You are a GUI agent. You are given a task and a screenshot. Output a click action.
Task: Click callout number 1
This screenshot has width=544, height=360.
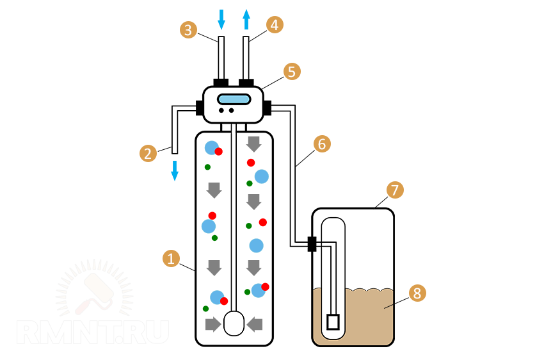[170, 259]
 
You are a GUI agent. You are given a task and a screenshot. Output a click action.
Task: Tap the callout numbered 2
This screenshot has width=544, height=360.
[148, 153]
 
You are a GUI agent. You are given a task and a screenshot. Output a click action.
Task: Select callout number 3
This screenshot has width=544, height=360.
[188, 29]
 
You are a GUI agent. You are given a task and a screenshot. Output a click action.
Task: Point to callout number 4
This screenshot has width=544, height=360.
[275, 25]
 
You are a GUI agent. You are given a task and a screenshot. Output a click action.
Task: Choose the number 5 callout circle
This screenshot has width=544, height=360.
[292, 71]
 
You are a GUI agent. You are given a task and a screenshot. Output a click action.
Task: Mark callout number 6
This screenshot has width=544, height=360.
[321, 144]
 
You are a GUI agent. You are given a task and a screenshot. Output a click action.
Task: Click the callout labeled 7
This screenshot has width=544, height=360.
[395, 190]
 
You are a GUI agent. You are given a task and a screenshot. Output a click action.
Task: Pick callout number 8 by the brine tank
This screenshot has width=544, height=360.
[417, 293]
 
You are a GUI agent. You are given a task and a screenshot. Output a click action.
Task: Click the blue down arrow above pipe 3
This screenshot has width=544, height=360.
[221, 19]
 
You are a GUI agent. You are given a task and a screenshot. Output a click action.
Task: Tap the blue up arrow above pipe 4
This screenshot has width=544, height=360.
[246, 19]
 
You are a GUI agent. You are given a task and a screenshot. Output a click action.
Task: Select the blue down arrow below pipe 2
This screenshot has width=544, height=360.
[174, 170]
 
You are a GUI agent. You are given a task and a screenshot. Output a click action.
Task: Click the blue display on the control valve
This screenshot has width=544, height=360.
[233, 99]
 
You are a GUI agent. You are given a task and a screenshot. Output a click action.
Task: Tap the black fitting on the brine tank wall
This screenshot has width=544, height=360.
[312, 244]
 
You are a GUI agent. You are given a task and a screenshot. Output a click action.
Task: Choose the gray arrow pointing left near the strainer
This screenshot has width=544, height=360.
[255, 325]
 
